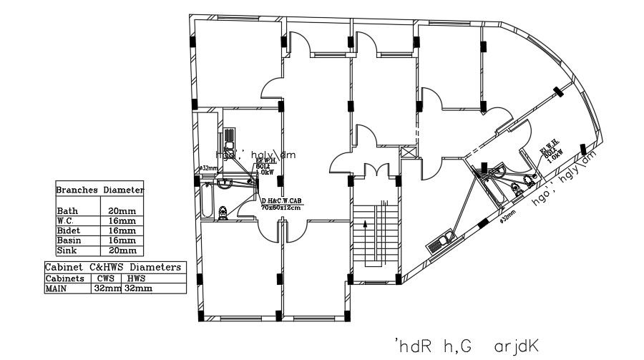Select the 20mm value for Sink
[122, 250]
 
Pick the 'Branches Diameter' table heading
[100, 190]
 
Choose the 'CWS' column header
[104, 278]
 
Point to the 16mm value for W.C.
[122, 221]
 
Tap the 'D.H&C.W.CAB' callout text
[283, 200]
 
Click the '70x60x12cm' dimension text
[283, 207]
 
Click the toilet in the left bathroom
[223, 212]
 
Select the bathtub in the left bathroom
[205, 203]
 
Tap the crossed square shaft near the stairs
[409, 152]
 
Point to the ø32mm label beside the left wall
[208, 168]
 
